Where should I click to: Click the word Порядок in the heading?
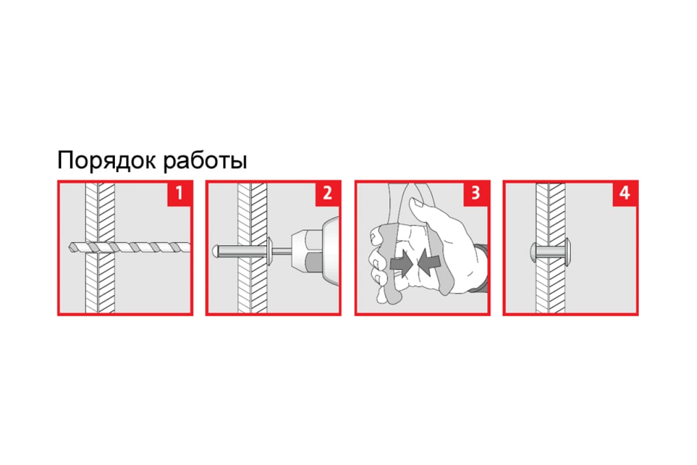(x=107, y=160)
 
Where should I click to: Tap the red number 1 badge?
(x=179, y=194)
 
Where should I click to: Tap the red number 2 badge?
(x=328, y=194)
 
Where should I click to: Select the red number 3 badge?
(x=476, y=194)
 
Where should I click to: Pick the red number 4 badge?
(x=624, y=194)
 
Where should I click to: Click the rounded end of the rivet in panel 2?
(x=215, y=252)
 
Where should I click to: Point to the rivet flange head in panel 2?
(x=270, y=251)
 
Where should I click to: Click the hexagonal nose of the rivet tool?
(x=307, y=251)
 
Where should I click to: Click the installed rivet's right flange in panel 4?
(x=567, y=252)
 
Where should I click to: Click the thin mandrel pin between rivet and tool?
(x=282, y=251)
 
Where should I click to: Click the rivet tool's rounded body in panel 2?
(x=331, y=251)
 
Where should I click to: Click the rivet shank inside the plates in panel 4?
(x=550, y=252)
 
